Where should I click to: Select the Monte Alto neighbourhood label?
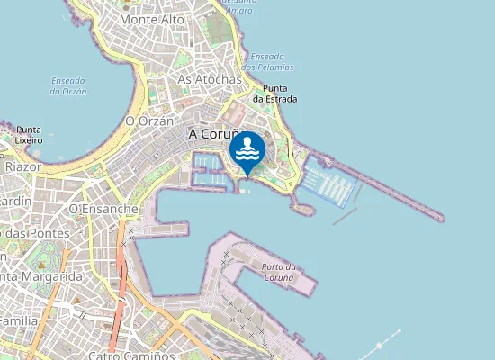(151, 19)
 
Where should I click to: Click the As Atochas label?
(210, 79)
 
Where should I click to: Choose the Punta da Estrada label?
(280, 94)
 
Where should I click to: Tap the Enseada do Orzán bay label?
(67, 85)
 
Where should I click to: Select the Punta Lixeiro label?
(29, 135)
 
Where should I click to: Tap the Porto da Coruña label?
(277, 273)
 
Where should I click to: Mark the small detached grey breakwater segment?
(345, 216)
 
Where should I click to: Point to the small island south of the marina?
(304, 209)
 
